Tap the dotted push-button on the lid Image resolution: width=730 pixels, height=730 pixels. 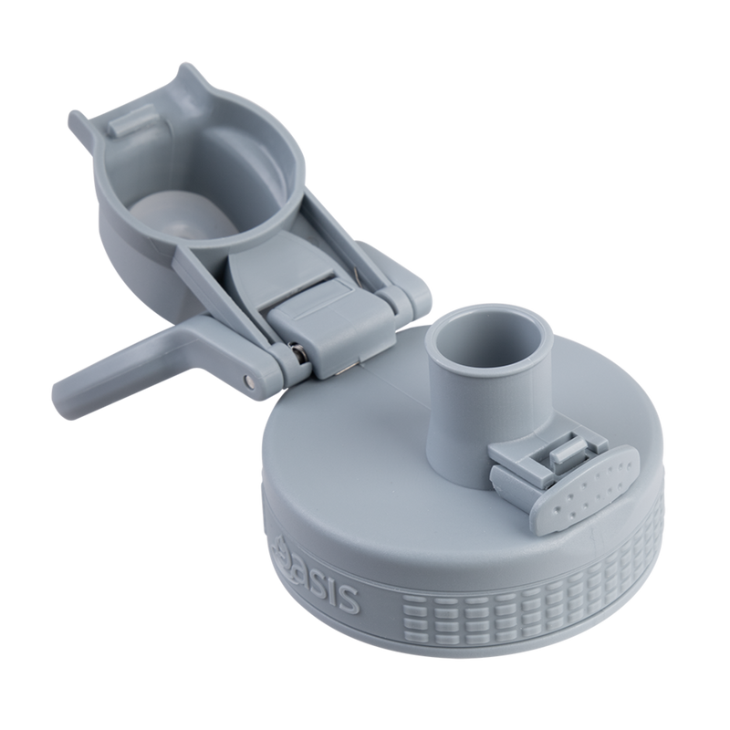(x=589, y=487)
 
